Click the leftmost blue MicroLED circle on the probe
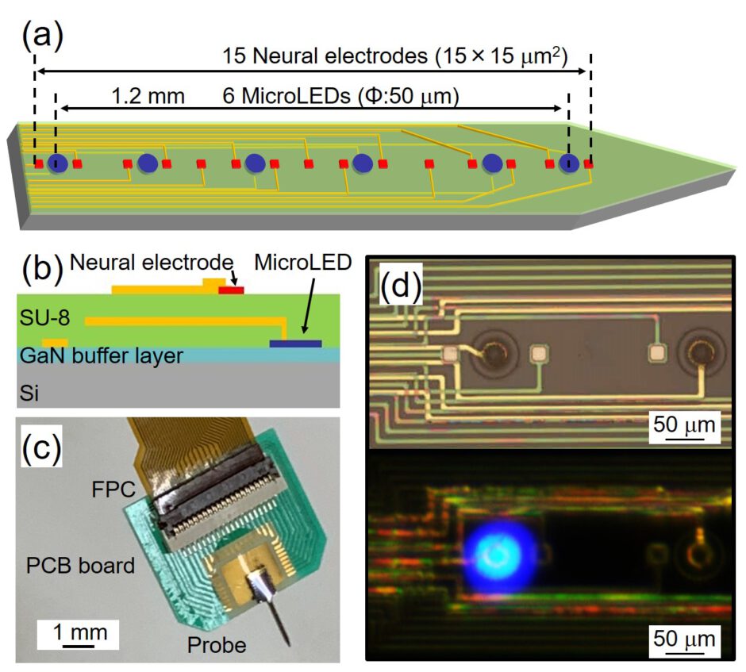[57, 163]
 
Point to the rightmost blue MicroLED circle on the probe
[568, 163]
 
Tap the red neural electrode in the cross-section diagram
[231, 290]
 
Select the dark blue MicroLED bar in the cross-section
[295, 344]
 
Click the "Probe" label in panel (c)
[216, 645]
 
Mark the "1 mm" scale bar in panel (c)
[74, 635]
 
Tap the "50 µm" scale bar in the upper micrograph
[684, 428]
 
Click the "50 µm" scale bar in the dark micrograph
[684, 639]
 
